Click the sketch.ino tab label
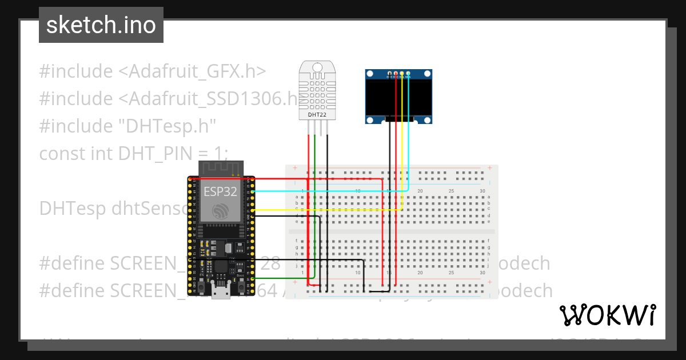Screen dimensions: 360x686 [101, 25]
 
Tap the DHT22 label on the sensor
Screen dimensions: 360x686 [317, 114]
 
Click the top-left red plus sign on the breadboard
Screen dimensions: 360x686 [295, 168]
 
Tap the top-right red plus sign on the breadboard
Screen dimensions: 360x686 [490, 168]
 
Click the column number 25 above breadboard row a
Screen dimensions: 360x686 [452, 191]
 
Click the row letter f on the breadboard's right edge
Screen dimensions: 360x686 [489, 241]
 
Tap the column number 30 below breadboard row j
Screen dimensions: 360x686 [482, 273]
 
